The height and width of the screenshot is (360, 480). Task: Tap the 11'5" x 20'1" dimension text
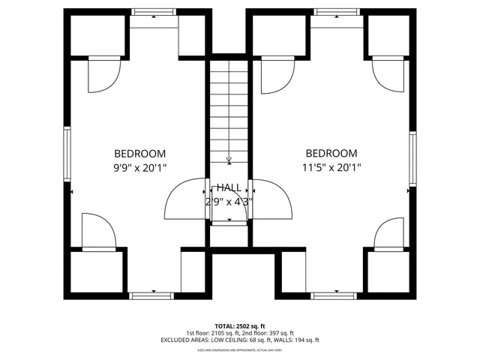(332, 168)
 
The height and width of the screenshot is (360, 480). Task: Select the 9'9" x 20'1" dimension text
(140, 168)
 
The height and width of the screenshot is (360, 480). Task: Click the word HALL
(229, 187)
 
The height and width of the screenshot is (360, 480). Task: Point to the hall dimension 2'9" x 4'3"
(229, 201)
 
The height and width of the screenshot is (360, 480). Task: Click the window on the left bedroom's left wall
(67, 154)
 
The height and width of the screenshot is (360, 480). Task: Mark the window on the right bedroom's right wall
(412, 158)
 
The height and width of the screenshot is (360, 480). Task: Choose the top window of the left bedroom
(154, 11)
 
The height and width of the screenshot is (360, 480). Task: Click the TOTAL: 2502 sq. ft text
(239, 326)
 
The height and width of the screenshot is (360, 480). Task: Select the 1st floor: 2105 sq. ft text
(211, 333)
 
